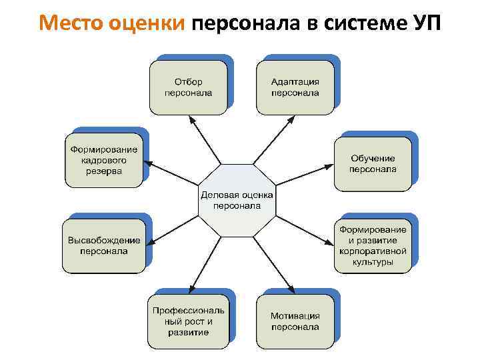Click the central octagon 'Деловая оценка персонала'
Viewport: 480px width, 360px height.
237,200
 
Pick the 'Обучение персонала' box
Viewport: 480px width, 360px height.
373,163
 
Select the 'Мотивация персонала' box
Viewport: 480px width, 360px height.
295,321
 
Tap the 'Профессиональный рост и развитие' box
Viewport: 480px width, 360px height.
189,321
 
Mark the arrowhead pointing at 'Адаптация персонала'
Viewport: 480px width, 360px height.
291,120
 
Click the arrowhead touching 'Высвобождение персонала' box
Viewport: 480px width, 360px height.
149,242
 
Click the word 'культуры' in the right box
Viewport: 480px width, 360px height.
373,262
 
